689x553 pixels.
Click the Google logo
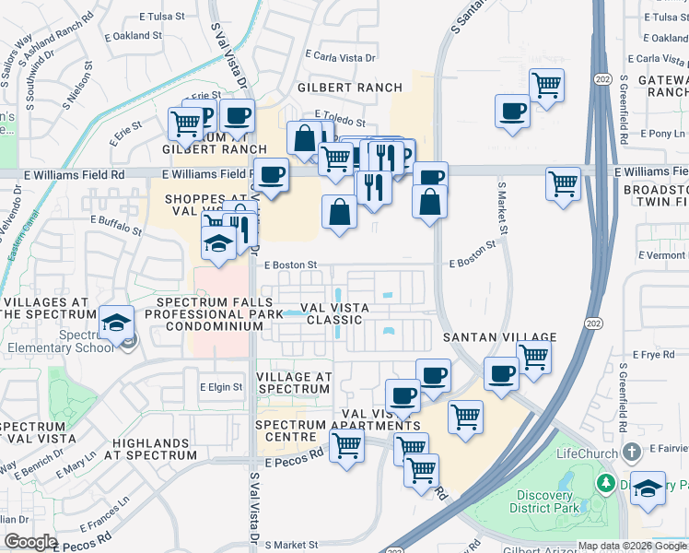(29, 542)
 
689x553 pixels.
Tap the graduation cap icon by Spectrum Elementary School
(118, 322)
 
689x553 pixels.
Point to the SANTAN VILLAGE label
(498, 338)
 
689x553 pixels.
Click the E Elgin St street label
(221, 388)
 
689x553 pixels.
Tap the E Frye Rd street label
(654, 354)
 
